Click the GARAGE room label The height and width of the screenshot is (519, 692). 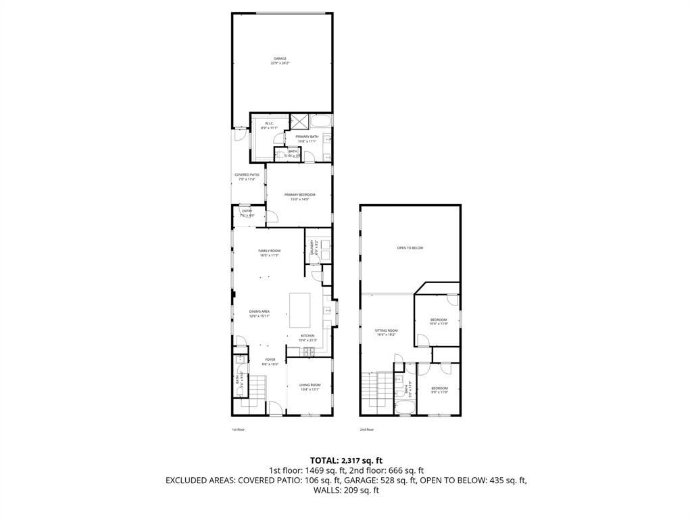click(280, 59)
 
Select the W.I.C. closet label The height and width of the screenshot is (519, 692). click(268, 124)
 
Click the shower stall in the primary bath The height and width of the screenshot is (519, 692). click(299, 122)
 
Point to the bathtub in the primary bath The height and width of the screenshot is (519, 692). click(322, 122)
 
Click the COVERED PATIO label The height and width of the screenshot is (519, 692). click(247, 174)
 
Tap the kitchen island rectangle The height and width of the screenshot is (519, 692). click(300, 310)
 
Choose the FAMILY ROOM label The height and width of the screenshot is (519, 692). click(269, 251)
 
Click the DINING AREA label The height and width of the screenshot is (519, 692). click(259, 312)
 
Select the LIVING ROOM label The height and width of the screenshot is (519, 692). click(310, 385)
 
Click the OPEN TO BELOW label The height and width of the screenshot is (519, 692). click(410, 248)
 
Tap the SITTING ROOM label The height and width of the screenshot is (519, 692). click(386, 330)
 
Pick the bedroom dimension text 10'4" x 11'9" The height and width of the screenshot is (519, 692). click(439, 324)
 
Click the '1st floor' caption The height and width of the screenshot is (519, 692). click(238, 429)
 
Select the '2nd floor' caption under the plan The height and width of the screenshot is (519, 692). click(366, 429)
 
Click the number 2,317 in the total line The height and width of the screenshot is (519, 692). click(351, 461)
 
